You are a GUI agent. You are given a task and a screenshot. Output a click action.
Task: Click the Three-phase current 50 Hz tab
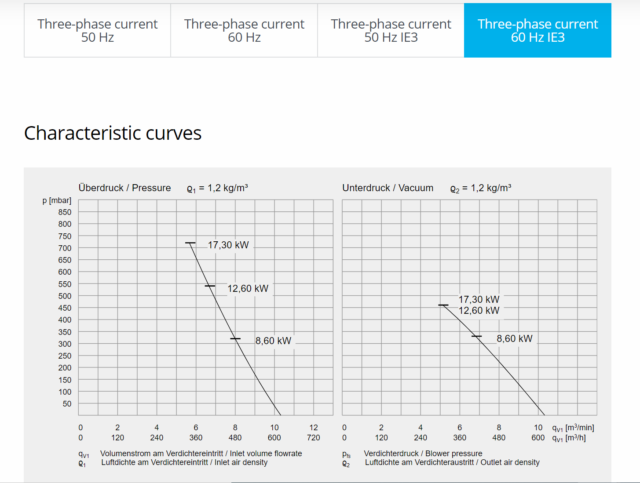pyautogui.click(x=97, y=30)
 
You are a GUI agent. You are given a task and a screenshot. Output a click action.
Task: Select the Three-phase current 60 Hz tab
pyautogui.click(x=244, y=30)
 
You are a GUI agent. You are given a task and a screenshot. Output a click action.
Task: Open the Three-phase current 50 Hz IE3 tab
pyautogui.click(x=391, y=30)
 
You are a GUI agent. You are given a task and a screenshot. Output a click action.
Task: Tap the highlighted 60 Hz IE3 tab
pyautogui.click(x=538, y=30)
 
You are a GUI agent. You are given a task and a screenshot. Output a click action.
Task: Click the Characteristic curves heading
pyautogui.click(x=113, y=133)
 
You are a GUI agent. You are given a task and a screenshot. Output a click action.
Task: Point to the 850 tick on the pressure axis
pyautogui.click(x=65, y=212)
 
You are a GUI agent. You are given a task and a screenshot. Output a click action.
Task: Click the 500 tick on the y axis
pyautogui.click(x=65, y=296)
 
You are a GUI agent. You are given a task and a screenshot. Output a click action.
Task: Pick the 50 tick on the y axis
pyautogui.click(x=67, y=404)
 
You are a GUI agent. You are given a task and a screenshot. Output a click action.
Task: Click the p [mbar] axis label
pyautogui.click(x=57, y=201)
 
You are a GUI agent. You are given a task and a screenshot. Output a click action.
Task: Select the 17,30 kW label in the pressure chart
pyautogui.click(x=228, y=245)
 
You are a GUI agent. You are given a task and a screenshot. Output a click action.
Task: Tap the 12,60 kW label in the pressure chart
pyautogui.click(x=248, y=289)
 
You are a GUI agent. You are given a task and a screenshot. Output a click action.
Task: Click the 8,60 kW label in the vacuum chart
pyautogui.click(x=514, y=339)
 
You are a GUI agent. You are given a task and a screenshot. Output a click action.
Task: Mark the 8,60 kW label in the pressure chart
pyautogui.click(x=273, y=341)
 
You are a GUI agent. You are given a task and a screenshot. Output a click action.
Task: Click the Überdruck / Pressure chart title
pyautogui.click(x=124, y=188)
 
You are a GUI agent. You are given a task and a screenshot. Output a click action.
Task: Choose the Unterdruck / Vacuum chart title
pyautogui.click(x=388, y=188)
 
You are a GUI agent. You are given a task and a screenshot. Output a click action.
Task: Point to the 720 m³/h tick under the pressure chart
pyautogui.click(x=313, y=438)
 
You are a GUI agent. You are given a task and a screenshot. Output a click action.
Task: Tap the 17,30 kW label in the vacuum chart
pyautogui.click(x=479, y=300)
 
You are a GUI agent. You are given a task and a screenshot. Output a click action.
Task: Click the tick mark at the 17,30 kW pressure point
pyautogui.click(x=190, y=243)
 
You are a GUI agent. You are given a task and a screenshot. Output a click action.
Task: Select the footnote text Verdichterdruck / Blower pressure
pyautogui.click(x=423, y=454)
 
